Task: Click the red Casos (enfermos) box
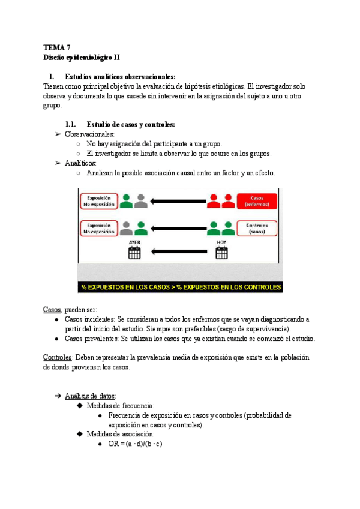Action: click(x=257, y=201)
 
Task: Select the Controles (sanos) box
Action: click(x=257, y=228)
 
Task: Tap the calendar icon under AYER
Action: click(x=134, y=253)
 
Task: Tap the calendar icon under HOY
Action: click(x=221, y=253)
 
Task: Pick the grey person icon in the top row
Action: click(x=141, y=201)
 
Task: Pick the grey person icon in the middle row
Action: click(x=126, y=228)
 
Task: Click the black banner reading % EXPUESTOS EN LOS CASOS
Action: click(x=180, y=288)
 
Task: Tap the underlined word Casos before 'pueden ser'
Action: click(x=52, y=309)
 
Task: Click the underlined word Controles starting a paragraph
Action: click(x=58, y=357)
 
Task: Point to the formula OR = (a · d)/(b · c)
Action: click(x=136, y=444)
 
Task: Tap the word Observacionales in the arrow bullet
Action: click(x=89, y=134)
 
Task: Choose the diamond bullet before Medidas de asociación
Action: click(x=79, y=434)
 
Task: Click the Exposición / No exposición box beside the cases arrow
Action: click(x=97, y=201)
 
